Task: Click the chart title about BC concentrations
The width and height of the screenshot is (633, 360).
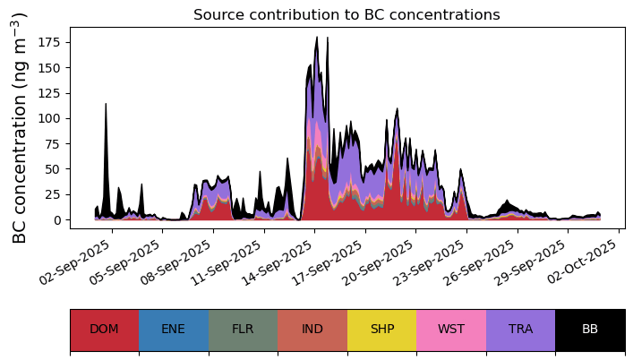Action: pos(346,15)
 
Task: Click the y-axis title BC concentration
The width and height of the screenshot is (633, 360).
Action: pos(19,128)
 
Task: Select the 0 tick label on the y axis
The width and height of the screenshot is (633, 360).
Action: pos(57,220)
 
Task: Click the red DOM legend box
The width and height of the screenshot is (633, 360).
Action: pos(105,330)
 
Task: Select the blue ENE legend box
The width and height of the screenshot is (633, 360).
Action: pos(174,330)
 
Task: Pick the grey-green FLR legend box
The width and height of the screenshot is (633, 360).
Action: pos(243,330)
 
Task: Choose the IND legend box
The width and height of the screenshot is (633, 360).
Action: pos(312,330)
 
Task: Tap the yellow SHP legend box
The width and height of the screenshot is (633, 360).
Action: pos(382,330)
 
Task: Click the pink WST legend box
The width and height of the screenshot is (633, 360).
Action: pos(451,330)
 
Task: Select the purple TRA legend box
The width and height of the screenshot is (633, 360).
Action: pos(521,330)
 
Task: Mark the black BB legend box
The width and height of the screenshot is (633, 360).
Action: pos(590,330)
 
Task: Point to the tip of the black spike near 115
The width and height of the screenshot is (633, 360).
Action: pos(107,103)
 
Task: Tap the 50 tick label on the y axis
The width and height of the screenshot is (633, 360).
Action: pos(53,169)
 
